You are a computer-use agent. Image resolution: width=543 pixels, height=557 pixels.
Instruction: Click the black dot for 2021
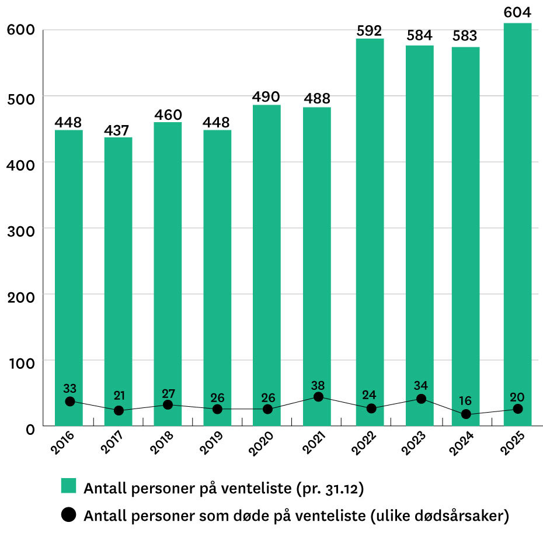tap(318, 397)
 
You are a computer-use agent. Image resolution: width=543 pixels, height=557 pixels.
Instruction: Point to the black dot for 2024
tap(466, 414)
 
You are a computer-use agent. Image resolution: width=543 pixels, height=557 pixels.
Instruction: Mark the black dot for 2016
tap(70, 402)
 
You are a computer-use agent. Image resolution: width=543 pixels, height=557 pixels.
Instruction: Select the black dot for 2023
tap(421, 399)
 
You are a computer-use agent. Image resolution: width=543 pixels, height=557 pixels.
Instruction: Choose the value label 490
tap(266, 96)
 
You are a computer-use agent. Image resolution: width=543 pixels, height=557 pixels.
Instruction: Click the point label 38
tap(318, 385)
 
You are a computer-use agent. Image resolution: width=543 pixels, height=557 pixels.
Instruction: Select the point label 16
tap(466, 401)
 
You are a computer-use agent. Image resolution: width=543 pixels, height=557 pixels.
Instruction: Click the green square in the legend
tap(69, 486)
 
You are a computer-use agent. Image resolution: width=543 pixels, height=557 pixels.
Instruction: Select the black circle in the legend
tap(69, 515)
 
